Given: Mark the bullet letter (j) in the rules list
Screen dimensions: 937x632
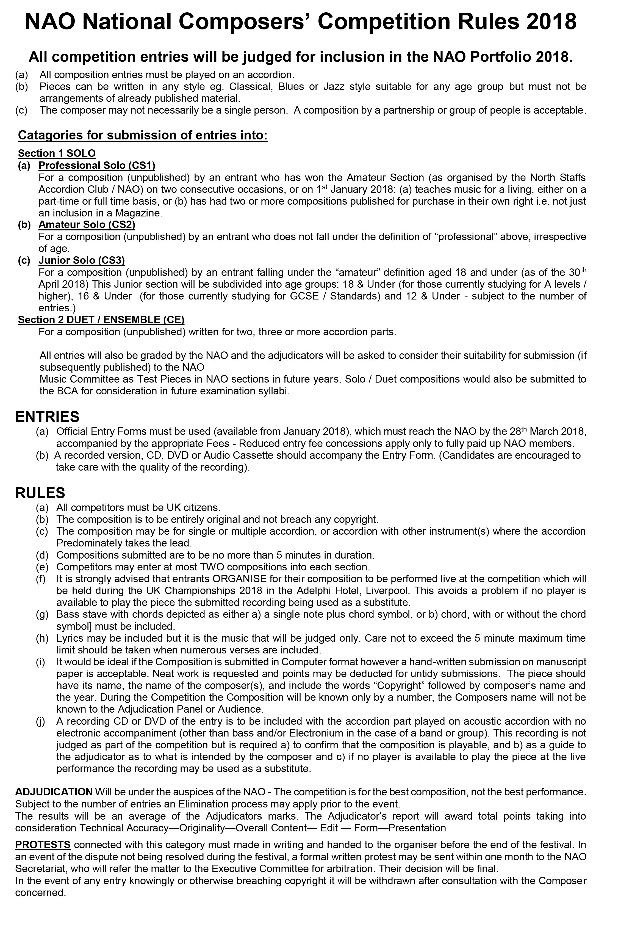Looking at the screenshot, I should pos(41,721).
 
